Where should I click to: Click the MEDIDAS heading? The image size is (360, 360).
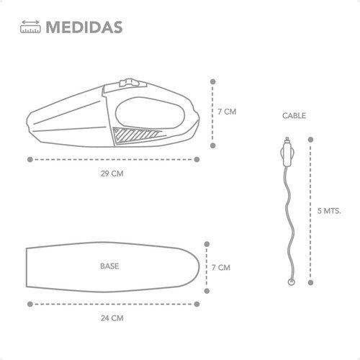pos(84,27)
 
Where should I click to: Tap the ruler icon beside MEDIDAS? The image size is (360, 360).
pos(30,27)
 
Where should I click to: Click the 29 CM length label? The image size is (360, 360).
pos(112,174)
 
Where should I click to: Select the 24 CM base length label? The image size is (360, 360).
pos(112,318)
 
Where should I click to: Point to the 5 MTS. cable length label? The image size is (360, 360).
pos(329,211)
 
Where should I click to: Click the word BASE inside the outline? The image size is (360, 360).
pos(109,266)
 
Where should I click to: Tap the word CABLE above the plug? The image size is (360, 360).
pos(294,116)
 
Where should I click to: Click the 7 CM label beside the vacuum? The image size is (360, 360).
pos(227,112)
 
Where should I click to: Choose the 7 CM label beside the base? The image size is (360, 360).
pos(221,268)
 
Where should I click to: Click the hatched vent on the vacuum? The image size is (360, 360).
pos(135,135)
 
